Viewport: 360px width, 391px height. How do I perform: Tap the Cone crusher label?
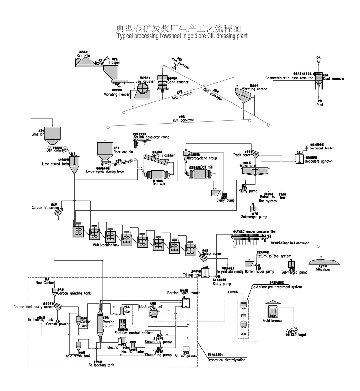(178, 82)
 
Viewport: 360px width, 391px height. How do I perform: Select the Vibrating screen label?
(255, 89)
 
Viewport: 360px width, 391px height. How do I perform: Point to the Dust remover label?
(334, 79)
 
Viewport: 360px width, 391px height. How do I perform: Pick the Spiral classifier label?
(163, 155)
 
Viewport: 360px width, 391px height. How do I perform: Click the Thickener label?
(245, 166)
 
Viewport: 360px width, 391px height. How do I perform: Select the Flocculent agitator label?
(318, 161)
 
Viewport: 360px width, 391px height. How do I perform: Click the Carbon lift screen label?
(45, 208)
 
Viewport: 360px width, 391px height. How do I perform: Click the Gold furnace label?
(272, 321)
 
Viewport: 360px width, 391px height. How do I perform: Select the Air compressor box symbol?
(186, 349)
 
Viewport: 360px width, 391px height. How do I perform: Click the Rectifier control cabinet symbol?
(123, 324)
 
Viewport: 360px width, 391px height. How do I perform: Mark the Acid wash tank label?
(78, 356)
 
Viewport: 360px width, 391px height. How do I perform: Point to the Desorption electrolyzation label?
(226, 360)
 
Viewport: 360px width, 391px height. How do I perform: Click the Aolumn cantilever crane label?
(151, 137)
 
